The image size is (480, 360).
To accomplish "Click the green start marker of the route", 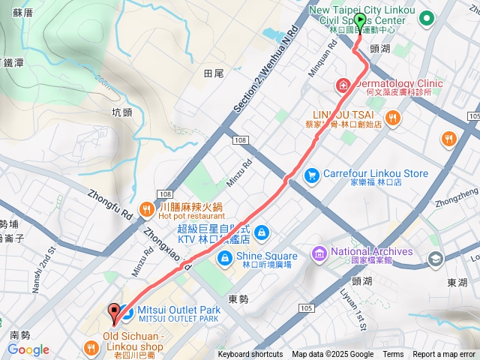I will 360,22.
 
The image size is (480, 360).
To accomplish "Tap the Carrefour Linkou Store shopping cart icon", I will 311,174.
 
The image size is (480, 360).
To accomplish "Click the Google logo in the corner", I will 28,349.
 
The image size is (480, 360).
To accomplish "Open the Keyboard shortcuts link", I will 250,355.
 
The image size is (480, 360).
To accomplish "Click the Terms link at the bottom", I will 393,355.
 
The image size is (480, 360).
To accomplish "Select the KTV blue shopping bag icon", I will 260,232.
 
